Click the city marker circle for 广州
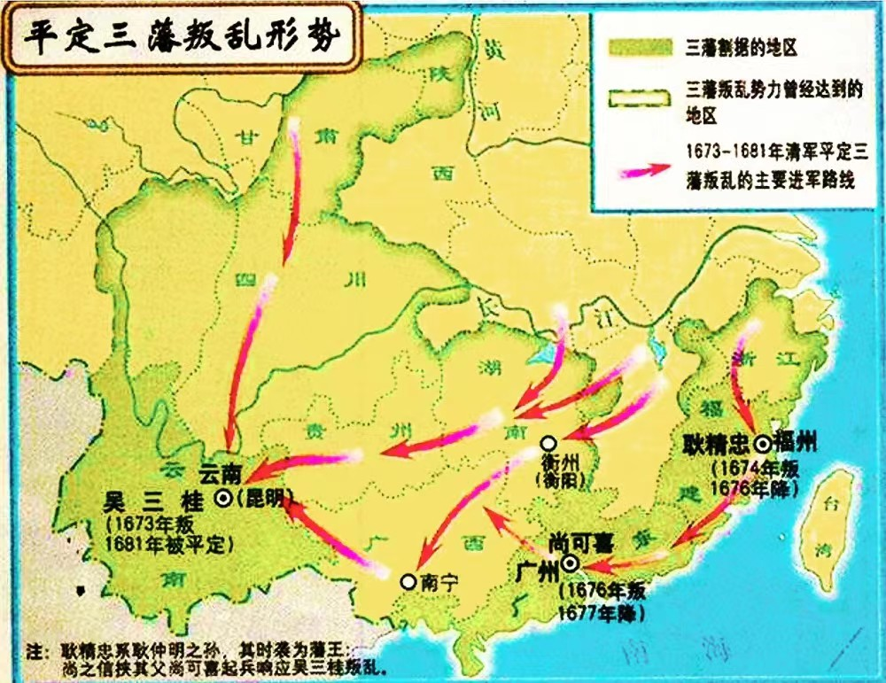click(570, 563)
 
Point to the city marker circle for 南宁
click(407, 581)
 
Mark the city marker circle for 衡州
click(549, 442)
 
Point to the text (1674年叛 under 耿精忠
click(760, 466)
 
